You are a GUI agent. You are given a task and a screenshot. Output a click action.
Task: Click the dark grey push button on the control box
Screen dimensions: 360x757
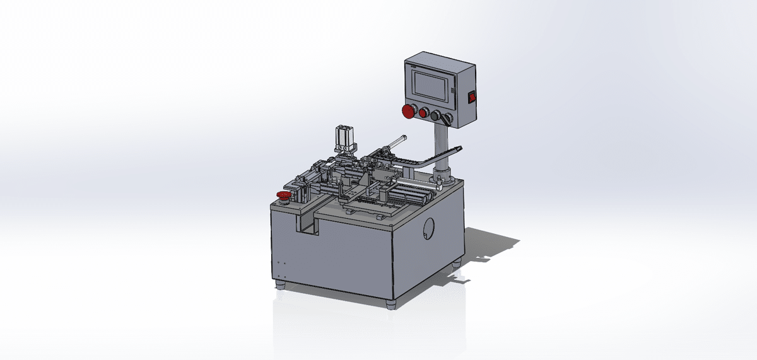point(435,115)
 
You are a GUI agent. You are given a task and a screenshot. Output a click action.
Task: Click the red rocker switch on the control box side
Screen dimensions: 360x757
point(470,97)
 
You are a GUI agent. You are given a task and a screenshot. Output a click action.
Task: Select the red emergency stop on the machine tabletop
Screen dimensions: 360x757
point(284,195)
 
